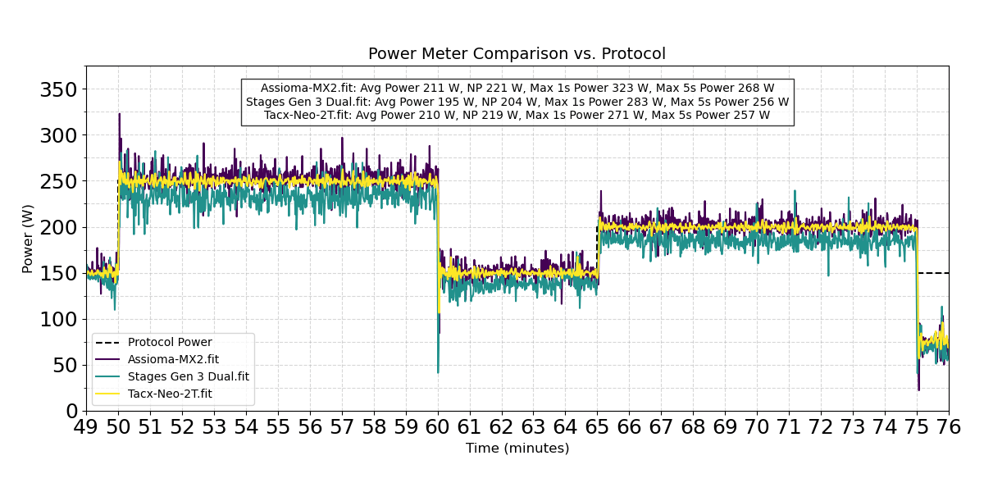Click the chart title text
(517, 54)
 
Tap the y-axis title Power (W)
(28, 239)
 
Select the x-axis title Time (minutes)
(517, 449)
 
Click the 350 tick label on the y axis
(58, 89)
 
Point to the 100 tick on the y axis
(58, 319)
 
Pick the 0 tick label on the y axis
(71, 411)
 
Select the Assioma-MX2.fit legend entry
(173, 360)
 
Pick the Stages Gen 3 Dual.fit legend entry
(188, 377)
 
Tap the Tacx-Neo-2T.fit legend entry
(170, 394)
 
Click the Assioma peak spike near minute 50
(119, 115)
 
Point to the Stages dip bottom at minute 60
(438, 371)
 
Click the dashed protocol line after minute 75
(935, 273)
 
